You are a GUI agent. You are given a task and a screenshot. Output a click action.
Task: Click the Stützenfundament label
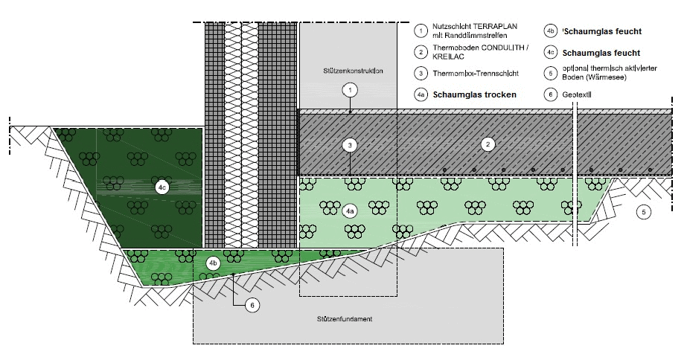tap(343, 319)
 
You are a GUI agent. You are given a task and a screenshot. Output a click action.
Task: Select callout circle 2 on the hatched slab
tap(488, 144)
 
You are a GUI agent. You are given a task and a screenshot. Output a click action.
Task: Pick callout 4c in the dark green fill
tap(162, 189)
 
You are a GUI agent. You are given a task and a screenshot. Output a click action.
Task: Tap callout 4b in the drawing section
tap(212, 263)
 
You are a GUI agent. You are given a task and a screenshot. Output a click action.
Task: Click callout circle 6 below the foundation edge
tap(252, 305)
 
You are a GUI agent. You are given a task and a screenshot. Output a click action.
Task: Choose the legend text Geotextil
tap(579, 95)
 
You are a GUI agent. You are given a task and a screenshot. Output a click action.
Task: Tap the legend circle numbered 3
tap(421, 73)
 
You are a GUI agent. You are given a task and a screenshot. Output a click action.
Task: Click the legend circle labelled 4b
tap(551, 31)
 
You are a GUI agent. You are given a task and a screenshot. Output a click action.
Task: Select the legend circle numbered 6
tap(551, 95)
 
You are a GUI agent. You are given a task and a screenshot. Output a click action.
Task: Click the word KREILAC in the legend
tap(447, 56)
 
